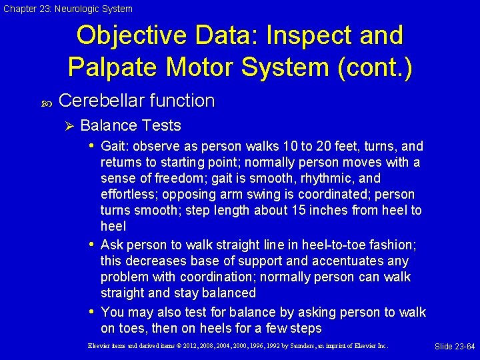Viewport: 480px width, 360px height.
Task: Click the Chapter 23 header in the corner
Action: (67, 9)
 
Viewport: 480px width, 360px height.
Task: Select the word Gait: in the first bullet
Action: (115, 146)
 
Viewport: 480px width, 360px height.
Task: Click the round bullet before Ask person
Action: (91, 244)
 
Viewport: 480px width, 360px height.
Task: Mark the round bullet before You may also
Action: (91, 312)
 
